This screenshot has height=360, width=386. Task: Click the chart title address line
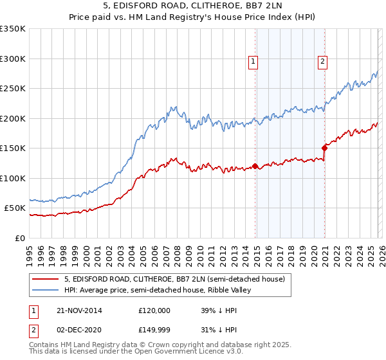pyautogui.click(x=192, y=7)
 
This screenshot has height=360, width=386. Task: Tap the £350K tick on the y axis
pyautogui.click(x=13, y=29)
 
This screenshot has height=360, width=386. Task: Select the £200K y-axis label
pyautogui.click(x=13, y=118)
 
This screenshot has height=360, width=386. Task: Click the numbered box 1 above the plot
pyautogui.click(x=253, y=62)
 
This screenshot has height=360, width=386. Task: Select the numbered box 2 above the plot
pyautogui.click(x=322, y=62)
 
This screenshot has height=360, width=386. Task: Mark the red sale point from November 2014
pyautogui.click(x=255, y=166)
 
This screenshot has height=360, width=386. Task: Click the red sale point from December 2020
pyautogui.click(x=324, y=148)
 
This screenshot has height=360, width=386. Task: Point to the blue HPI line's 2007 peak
pyautogui.click(x=172, y=107)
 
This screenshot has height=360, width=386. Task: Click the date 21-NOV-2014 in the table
pyautogui.click(x=79, y=310)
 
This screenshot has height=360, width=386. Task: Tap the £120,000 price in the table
pyautogui.click(x=154, y=310)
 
